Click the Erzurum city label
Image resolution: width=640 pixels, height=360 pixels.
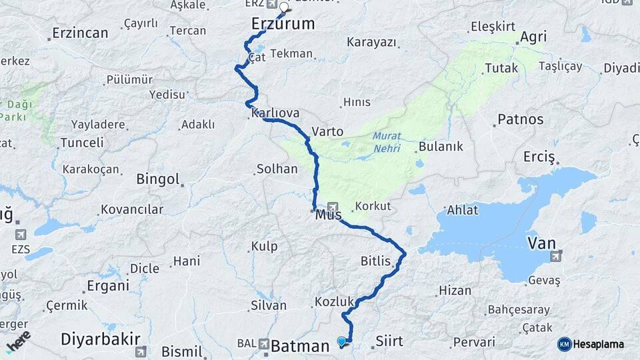click(x=283, y=24)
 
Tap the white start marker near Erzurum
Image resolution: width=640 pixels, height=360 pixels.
click(x=284, y=8)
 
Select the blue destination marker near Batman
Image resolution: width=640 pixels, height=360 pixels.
click(x=342, y=341)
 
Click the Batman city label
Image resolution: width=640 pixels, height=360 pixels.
click(x=300, y=346)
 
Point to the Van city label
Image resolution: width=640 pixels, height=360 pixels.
click(x=541, y=242)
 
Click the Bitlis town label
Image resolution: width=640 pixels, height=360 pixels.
click(x=375, y=261)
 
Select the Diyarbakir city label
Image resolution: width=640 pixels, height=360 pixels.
click(x=94, y=338)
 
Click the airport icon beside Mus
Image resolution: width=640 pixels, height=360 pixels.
click(x=333, y=207)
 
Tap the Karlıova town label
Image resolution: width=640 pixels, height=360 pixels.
click(x=275, y=113)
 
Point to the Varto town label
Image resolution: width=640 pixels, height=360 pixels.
click(x=327, y=131)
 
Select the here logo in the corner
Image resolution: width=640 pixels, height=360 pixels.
click(x=18, y=341)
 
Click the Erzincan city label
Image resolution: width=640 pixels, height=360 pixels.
click(x=80, y=33)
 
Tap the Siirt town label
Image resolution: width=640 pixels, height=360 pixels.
click(x=389, y=341)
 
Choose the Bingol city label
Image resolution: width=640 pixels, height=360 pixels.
click(x=158, y=179)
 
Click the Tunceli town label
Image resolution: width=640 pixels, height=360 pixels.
click(x=82, y=143)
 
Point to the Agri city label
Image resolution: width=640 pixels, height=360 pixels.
click(x=533, y=37)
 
